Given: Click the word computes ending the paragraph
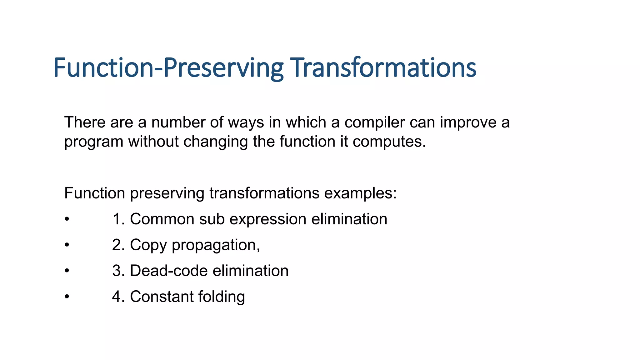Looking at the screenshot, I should [389, 142].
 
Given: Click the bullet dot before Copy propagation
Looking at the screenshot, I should [67, 245].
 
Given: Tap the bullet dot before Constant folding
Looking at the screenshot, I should [67, 297].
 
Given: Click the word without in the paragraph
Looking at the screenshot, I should [153, 142].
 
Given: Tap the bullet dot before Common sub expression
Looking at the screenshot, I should [67, 219].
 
